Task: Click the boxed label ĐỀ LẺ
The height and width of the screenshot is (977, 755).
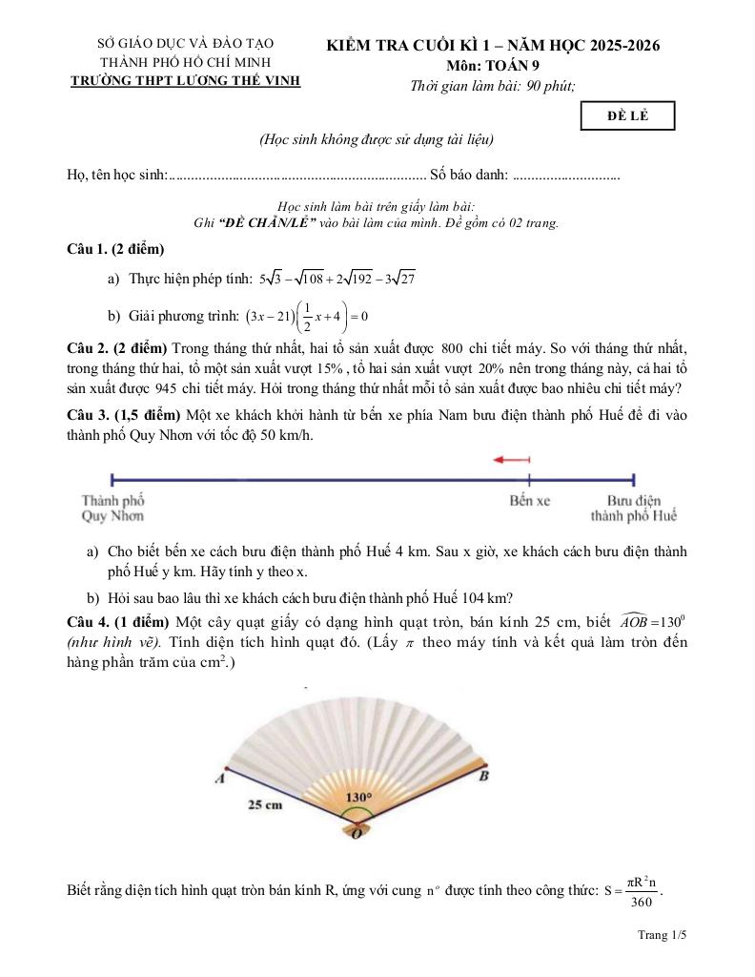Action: point(627,115)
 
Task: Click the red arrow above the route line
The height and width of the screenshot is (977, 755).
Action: point(512,460)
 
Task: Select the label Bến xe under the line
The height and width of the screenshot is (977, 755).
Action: point(529,500)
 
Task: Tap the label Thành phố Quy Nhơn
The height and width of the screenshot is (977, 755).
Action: point(112,508)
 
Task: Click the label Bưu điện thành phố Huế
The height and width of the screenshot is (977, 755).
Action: point(634,508)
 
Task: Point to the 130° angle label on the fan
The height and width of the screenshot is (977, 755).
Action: point(357,798)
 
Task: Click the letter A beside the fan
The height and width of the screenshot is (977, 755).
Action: point(220,779)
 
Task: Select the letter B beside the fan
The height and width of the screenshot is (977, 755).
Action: point(483,777)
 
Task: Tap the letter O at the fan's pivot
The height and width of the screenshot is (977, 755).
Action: point(357,834)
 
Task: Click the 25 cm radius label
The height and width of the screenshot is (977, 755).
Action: point(265,804)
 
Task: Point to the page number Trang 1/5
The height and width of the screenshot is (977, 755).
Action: point(663,935)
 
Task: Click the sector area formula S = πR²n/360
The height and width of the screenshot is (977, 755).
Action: point(633,891)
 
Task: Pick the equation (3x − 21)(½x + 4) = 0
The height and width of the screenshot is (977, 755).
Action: point(307,316)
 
